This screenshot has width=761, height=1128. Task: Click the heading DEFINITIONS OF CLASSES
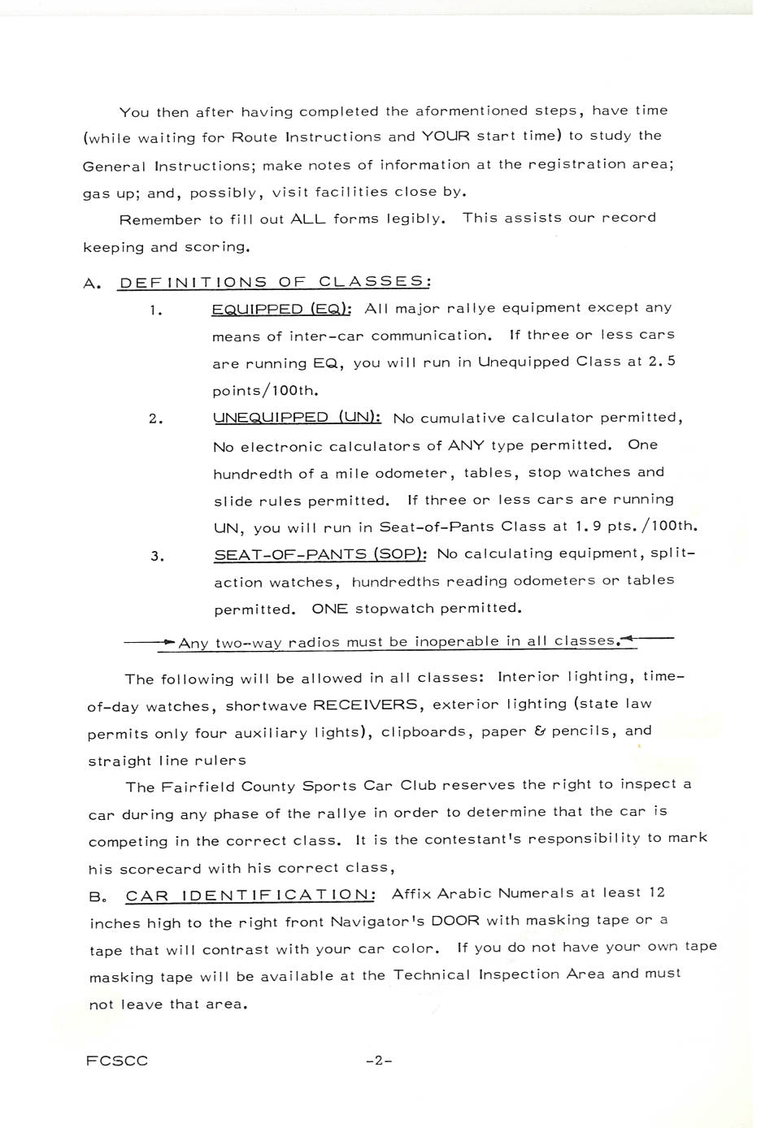[x=274, y=282]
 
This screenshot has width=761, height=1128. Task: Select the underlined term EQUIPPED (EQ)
[x=280, y=309]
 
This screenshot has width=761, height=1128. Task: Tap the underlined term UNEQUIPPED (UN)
[x=297, y=418]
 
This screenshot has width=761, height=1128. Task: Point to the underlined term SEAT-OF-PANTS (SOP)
[x=320, y=554]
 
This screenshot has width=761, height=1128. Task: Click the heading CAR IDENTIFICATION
[x=250, y=896]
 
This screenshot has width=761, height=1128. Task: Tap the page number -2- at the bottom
[x=379, y=1061]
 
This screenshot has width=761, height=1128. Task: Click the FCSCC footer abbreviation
[x=117, y=1061]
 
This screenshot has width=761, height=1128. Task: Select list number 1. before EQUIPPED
[x=156, y=310]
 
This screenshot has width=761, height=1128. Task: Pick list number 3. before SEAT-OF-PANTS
[x=157, y=557]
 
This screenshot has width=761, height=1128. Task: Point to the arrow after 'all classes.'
[x=648, y=639]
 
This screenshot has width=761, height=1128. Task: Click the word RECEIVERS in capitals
[x=365, y=705]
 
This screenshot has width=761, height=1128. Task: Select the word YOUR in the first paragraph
[x=446, y=136]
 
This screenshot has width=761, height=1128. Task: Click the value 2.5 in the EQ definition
[x=662, y=361]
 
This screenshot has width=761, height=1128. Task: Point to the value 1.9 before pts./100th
[x=588, y=526]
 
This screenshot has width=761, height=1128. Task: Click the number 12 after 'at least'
[x=656, y=892]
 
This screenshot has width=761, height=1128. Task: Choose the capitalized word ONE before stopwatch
[x=329, y=609]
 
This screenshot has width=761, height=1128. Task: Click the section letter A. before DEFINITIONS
[x=92, y=284]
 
